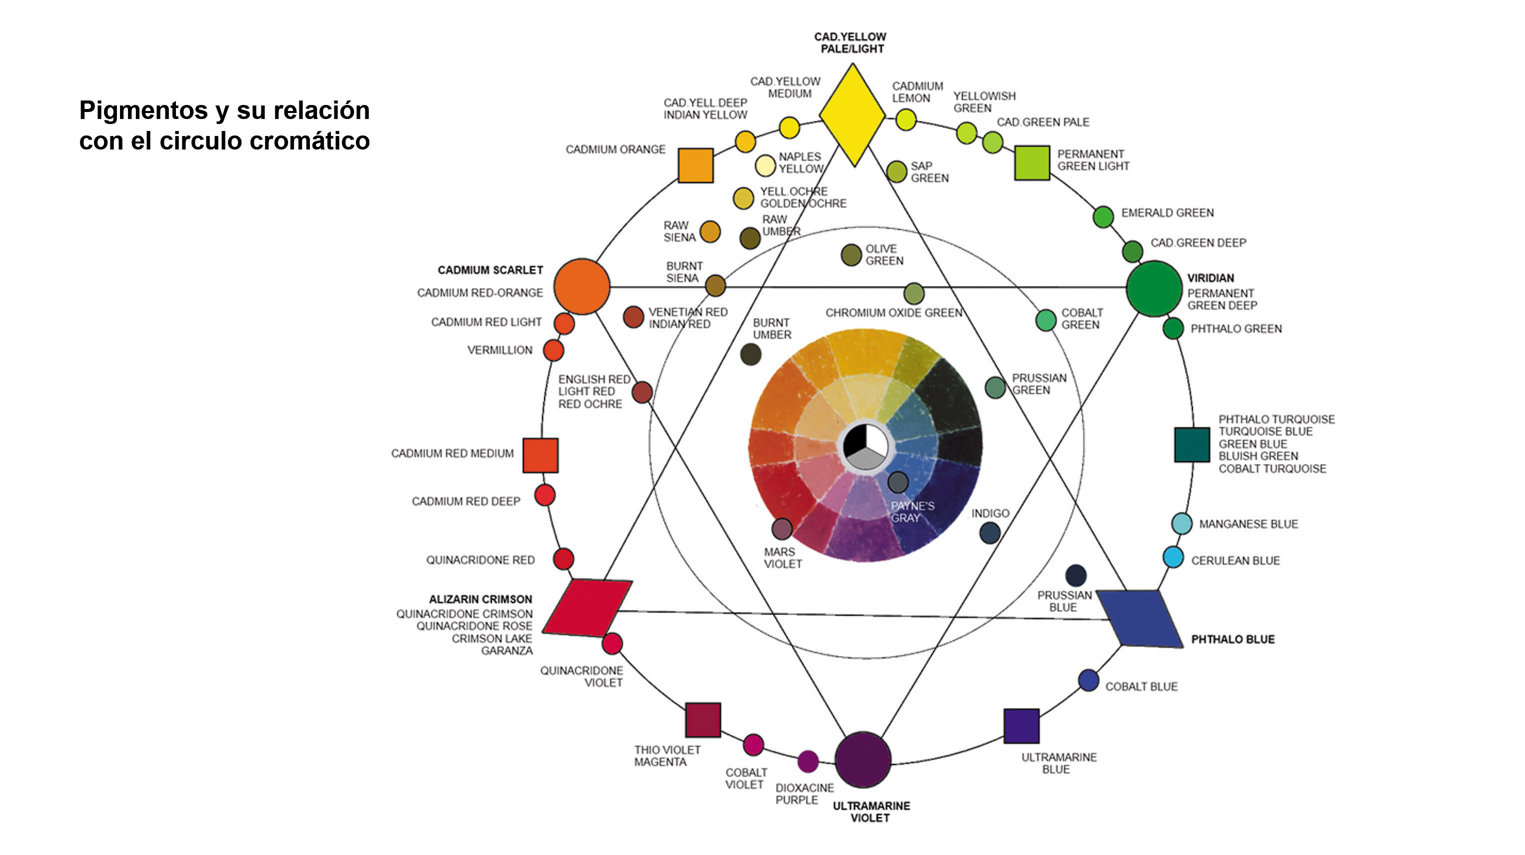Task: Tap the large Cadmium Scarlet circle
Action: tap(581, 286)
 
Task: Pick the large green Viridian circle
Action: tap(1154, 288)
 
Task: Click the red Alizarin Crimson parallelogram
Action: tap(587, 608)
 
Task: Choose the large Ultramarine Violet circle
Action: tap(863, 759)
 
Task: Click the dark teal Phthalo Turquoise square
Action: tap(1192, 444)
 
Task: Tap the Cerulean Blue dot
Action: tap(1173, 557)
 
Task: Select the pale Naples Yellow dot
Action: tap(765, 165)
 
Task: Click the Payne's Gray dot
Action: tap(898, 482)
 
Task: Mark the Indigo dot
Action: tap(990, 533)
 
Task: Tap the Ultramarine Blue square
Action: tap(1021, 726)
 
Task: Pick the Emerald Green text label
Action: tap(1167, 212)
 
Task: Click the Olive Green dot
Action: tap(851, 255)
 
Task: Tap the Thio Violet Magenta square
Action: tap(703, 720)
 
